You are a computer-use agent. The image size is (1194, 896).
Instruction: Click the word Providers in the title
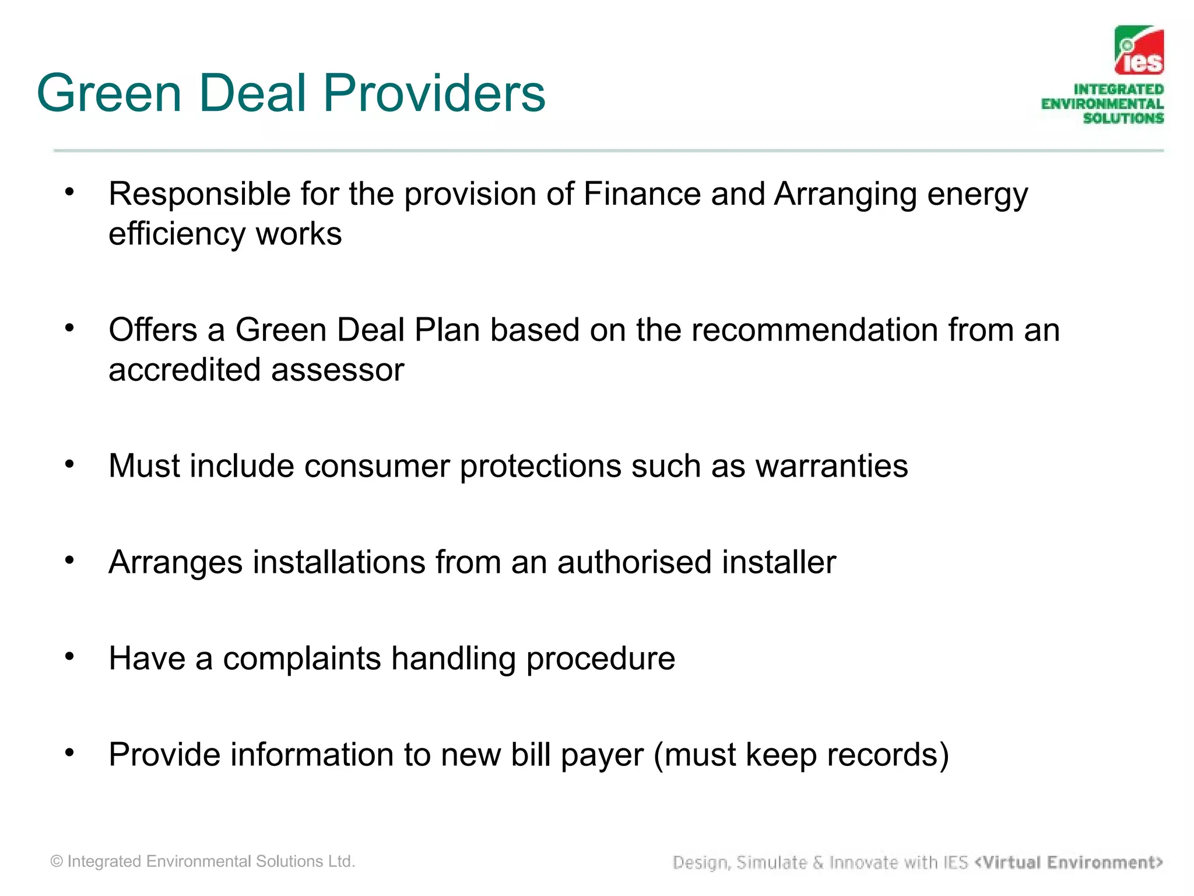point(434,93)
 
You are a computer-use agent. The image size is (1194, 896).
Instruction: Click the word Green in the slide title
point(110,93)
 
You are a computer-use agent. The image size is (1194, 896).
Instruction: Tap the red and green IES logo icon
point(1139,51)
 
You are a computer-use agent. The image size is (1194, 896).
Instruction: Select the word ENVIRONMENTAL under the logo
point(1102,104)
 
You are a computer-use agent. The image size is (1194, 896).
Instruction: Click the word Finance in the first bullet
point(642,194)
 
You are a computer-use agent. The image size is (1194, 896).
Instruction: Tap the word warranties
point(831,466)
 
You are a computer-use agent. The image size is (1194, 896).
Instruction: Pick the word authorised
point(634,562)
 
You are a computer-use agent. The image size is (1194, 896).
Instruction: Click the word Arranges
point(175,562)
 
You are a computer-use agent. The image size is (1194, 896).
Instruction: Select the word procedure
point(600,659)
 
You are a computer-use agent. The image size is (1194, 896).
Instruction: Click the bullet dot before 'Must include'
point(70,464)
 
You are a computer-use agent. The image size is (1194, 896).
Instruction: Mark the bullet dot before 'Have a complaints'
point(70,657)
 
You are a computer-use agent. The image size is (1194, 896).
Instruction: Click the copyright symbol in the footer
point(57,862)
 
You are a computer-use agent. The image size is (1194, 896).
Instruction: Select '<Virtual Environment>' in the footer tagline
point(1069,862)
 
